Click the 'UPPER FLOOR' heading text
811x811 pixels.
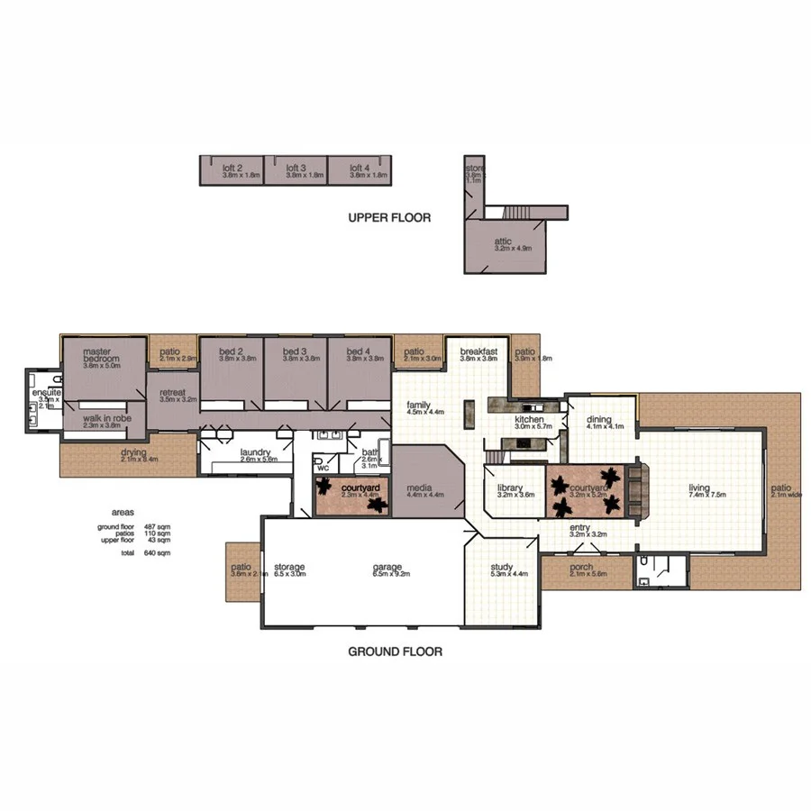(x=389, y=217)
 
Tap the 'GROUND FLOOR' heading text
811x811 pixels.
(x=395, y=651)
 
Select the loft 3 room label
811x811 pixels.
(x=296, y=168)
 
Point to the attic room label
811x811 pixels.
(x=503, y=241)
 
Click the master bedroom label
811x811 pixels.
(x=102, y=357)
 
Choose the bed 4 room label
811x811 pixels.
(x=358, y=351)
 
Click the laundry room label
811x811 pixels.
(x=256, y=452)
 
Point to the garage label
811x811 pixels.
(x=387, y=568)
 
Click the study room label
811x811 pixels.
(x=502, y=568)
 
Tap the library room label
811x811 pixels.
(x=510, y=488)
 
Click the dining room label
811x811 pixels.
(x=599, y=420)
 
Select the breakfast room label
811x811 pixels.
(x=478, y=351)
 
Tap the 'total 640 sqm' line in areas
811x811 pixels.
(x=132, y=552)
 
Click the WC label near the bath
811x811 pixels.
(x=321, y=469)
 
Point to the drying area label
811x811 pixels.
(x=134, y=452)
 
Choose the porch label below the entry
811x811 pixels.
(x=581, y=567)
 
